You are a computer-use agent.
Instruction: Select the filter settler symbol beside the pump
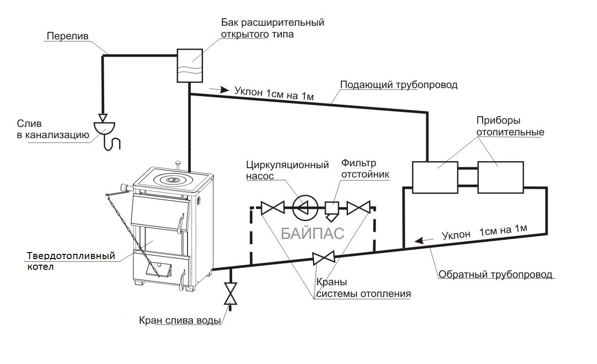tap(332, 211)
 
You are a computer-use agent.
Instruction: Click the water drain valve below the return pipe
tap(231, 294)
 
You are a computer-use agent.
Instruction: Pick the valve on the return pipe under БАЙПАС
tap(324, 258)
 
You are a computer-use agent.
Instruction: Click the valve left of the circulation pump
tap(272, 208)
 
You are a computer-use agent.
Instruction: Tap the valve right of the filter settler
tap(358, 208)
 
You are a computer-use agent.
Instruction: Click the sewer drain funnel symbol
tap(104, 128)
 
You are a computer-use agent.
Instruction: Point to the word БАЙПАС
tap(312, 233)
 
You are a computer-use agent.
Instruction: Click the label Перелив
tap(68, 36)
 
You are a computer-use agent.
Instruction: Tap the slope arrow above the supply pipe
tap(219, 89)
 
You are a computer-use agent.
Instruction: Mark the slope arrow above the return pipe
tap(424, 240)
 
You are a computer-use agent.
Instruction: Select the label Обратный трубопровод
tap(495, 274)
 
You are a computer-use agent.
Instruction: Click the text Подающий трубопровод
tap(399, 85)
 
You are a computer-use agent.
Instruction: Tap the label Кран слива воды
tap(180, 320)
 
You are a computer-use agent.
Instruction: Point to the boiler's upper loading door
tap(160, 212)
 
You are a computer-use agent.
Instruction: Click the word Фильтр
tap(358, 163)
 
